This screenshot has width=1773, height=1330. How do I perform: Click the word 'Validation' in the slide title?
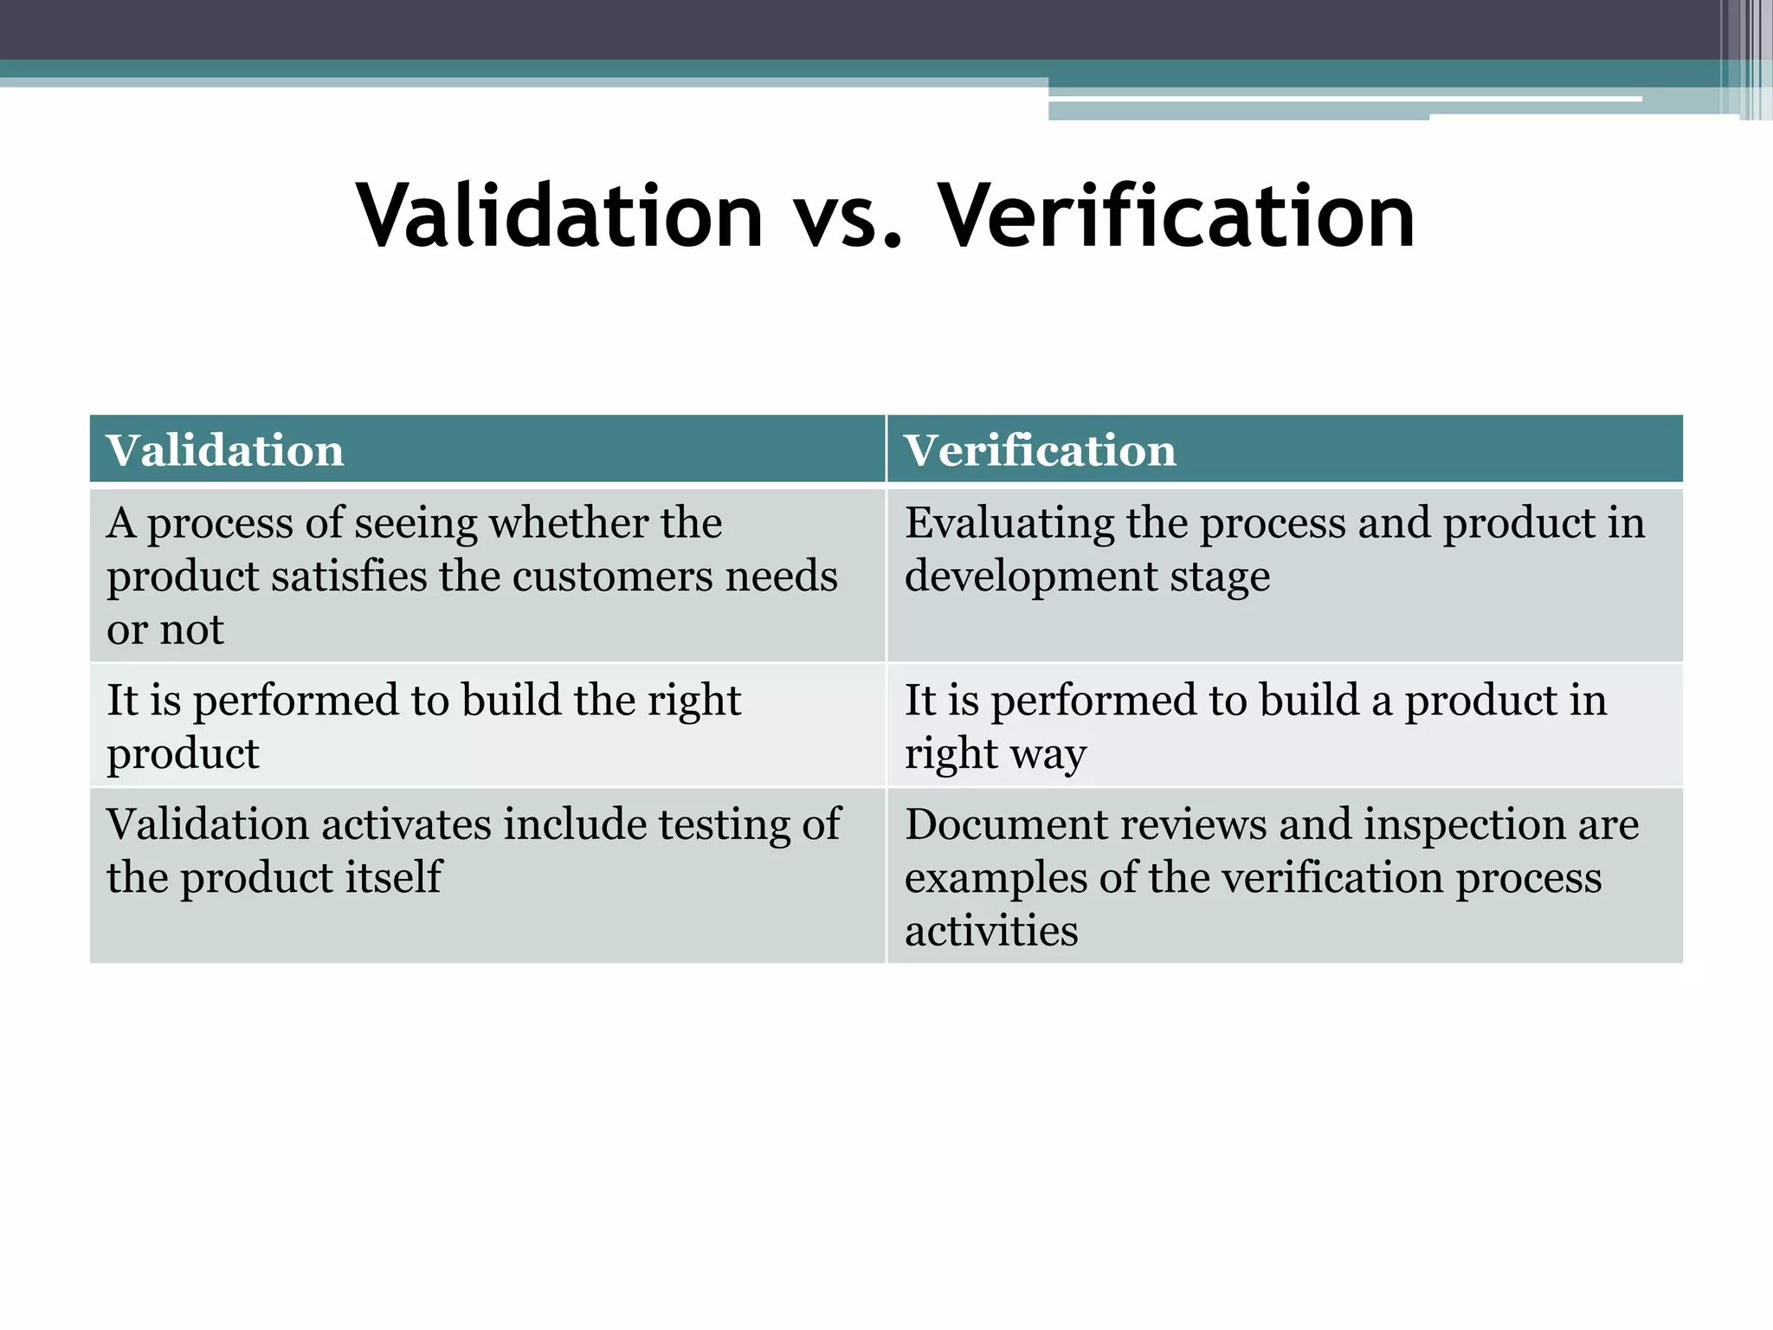click(559, 216)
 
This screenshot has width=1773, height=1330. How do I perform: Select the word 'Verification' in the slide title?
click(1177, 216)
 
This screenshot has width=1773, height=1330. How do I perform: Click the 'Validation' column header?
click(225, 451)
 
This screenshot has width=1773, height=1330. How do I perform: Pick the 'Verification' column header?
click(1040, 451)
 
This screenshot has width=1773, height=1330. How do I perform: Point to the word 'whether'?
click(569, 523)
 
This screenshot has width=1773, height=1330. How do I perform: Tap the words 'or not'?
click(164, 630)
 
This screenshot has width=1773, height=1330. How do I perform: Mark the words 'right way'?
click(995, 754)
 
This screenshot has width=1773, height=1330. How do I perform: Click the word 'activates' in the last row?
click(407, 824)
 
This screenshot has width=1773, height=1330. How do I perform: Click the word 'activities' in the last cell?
click(991, 932)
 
